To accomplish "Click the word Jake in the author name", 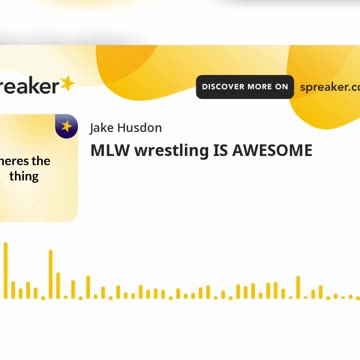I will pyautogui.click(x=103, y=128).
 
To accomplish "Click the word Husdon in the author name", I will pyautogui.click(x=141, y=128).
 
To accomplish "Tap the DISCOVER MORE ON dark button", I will pyautogui.click(x=245, y=87).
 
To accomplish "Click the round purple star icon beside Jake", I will pyautogui.click(x=66, y=127).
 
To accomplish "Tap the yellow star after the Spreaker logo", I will pyautogui.click(x=67, y=84).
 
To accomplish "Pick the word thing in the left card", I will pyautogui.click(x=24, y=176).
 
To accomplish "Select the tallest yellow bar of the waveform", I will pyautogui.click(x=5, y=270).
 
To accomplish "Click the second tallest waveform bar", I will pyautogui.click(x=51, y=274).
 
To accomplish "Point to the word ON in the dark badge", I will pyautogui.click(x=282, y=87).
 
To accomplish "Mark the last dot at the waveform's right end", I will pyautogui.click(x=357, y=297).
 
